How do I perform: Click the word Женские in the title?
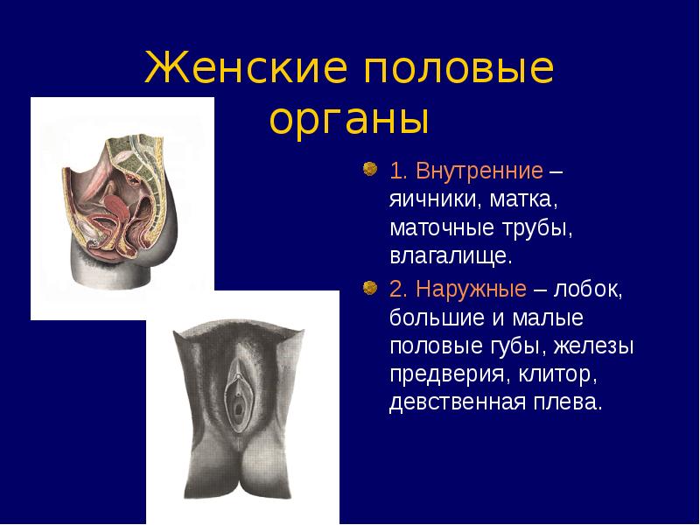tap(246, 67)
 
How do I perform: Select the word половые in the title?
tap(459, 69)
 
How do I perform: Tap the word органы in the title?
tap(349, 121)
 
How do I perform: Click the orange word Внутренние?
tap(479, 171)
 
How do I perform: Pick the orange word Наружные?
tap(471, 290)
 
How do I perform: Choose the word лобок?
tap(588, 290)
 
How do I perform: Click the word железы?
tap(594, 346)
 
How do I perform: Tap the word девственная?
tap(457, 402)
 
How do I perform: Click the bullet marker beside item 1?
tap(369, 169)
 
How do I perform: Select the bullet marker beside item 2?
tap(369, 288)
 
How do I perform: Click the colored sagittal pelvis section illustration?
tap(119, 210)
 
